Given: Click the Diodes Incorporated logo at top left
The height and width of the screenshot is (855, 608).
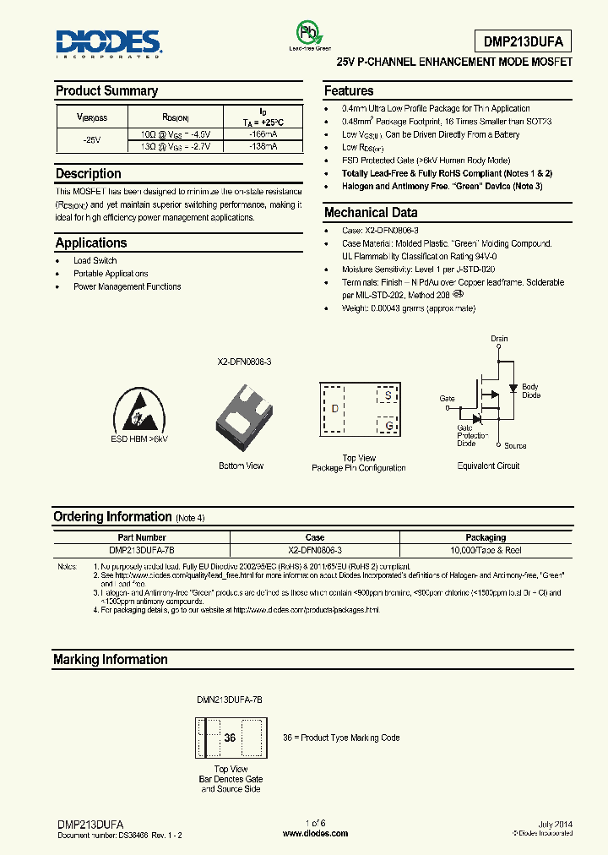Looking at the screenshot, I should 107,43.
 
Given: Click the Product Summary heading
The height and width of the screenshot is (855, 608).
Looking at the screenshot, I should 106,91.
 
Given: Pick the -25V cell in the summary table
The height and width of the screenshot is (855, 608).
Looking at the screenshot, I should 90,139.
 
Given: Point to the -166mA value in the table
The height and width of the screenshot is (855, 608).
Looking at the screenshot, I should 263,133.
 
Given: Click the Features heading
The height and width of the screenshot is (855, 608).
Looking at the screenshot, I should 349,91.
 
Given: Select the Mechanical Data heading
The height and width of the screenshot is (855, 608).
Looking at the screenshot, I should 371,213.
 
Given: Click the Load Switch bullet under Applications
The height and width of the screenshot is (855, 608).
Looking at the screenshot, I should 95,261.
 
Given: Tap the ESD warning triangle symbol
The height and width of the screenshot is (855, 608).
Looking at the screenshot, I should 139,411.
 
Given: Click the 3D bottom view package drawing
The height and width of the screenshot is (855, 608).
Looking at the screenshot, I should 242,413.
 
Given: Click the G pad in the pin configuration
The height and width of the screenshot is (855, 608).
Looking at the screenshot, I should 388,426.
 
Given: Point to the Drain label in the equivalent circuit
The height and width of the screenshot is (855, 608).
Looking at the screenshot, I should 499,339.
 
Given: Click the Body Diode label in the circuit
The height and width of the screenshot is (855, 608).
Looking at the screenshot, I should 530,391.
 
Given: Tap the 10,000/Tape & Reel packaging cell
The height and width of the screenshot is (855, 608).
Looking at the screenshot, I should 486,550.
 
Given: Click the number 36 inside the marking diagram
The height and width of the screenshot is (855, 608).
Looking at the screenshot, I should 230,738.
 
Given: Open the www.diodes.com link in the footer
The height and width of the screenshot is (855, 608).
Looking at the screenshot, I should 315,834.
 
